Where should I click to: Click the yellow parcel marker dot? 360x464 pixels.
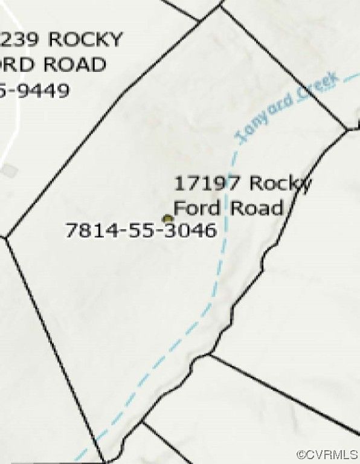pyautogui.click(x=167, y=219)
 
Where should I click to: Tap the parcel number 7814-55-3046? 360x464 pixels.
pyautogui.click(x=140, y=230)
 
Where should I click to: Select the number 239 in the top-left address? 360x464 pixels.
pyautogui.click(x=22, y=40)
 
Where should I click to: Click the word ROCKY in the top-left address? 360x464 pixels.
pyautogui.click(x=85, y=40)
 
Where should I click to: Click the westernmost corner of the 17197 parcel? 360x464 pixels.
pyautogui.click(x=5, y=237)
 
